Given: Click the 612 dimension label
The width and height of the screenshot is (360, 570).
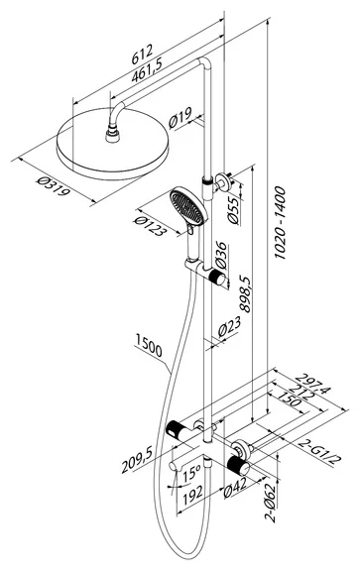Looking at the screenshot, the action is point(142,55).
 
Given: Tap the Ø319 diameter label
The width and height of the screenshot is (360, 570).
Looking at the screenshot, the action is point(53,185).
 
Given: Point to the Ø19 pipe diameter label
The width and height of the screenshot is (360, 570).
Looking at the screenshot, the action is point(180,118).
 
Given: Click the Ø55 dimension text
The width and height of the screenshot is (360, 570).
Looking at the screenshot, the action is point(233,210).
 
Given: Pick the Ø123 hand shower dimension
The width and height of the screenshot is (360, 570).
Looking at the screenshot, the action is point(150,226).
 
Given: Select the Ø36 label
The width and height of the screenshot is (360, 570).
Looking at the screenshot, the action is point(221,256).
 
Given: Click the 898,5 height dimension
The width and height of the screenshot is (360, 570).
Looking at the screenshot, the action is point(245,293).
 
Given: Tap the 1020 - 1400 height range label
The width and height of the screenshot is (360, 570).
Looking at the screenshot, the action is point(280,222).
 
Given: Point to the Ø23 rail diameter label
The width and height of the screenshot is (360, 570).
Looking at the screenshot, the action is point(229,326).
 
